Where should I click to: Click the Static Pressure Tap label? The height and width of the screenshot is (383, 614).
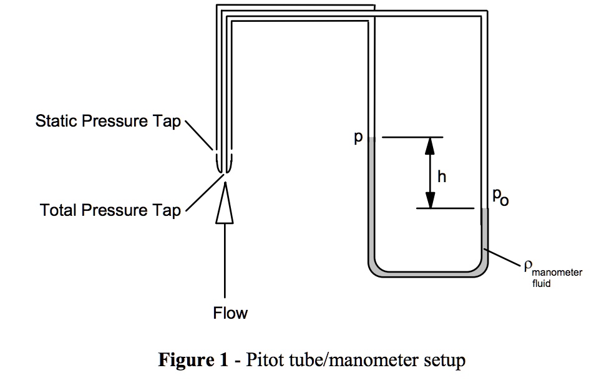tap(107, 121)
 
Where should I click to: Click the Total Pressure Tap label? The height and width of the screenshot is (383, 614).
tap(110, 210)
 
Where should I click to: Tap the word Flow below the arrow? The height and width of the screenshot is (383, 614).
tap(230, 313)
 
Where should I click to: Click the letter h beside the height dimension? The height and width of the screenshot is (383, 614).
tap(442, 177)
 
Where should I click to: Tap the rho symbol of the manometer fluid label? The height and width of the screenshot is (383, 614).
tap(528, 268)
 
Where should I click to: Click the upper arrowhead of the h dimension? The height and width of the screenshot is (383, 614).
tap(430, 145)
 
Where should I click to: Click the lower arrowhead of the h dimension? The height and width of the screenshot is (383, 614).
tap(430, 200)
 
